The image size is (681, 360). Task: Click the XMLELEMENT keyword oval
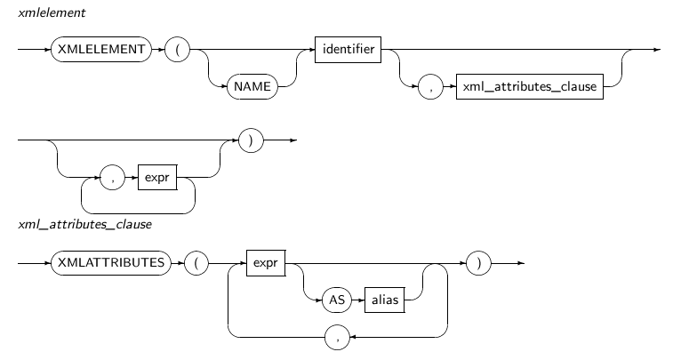click(98, 50)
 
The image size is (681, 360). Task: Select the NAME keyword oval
click(251, 87)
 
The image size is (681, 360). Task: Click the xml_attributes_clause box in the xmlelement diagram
click(528, 87)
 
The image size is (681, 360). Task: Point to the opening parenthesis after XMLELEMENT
click(177, 50)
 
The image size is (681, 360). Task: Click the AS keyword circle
click(337, 300)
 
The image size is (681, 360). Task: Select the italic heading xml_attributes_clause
click(84, 224)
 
